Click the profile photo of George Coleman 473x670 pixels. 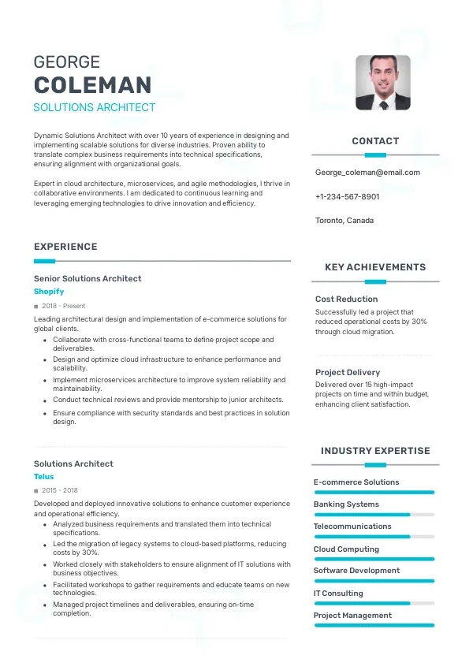(x=383, y=82)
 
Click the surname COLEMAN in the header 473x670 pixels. (x=93, y=85)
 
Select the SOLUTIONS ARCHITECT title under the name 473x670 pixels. (x=95, y=107)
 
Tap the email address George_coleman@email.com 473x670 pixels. (x=367, y=172)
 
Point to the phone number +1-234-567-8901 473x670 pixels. (x=347, y=196)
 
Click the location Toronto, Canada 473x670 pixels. (x=345, y=221)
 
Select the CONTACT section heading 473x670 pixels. (x=375, y=141)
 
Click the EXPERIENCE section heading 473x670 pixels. (x=65, y=247)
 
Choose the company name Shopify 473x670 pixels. (x=49, y=292)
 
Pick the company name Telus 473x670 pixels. (x=44, y=477)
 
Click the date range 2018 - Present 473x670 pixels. (x=63, y=306)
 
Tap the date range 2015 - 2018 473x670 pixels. (x=60, y=490)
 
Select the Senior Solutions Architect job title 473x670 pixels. (x=88, y=278)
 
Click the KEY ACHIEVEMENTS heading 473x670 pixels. (x=375, y=267)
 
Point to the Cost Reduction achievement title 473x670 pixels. (x=346, y=299)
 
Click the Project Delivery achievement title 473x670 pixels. (x=348, y=372)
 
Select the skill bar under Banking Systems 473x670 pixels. (x=374, y=515)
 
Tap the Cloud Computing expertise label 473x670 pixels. (x=346, y=549)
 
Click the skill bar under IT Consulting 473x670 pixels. (x=374, y=604)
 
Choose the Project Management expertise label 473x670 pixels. (x=352, y=616)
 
